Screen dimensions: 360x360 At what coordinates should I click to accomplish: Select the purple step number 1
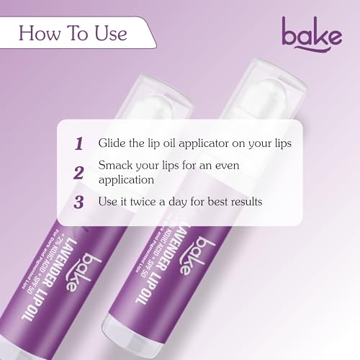click(x=79, y=143)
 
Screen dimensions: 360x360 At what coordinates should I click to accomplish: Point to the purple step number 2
click(x=79, y=172)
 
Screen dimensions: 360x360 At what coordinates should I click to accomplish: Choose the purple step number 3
click(x=78, y=201)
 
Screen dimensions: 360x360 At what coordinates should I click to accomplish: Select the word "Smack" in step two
click(x=115, y=165)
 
